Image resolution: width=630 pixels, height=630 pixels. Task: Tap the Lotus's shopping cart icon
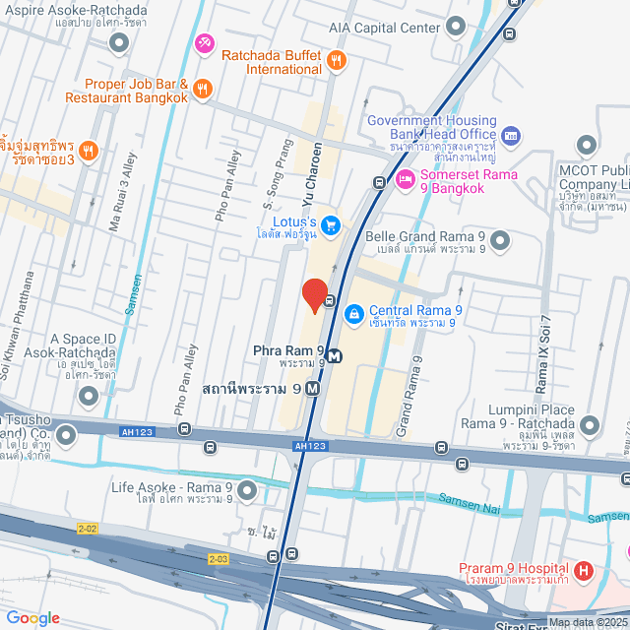331,225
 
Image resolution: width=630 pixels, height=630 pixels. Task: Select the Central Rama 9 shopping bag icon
352,313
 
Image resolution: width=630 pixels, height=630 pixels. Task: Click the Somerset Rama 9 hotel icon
404,179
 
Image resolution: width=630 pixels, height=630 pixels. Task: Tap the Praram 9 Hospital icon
583,570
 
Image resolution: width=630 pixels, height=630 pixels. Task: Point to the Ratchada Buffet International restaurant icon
337,61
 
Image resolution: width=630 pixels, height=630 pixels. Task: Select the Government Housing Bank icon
510,134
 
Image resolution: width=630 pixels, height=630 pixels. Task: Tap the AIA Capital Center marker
455,27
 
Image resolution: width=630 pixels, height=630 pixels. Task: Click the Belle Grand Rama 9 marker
500,239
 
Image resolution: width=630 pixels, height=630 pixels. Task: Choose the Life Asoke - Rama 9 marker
246,488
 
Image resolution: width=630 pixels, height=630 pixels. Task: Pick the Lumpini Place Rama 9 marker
590,425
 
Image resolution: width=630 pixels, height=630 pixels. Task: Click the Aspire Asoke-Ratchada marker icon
119,42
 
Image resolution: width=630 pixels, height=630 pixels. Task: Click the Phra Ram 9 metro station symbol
335,356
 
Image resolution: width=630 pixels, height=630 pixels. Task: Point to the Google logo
32,617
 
